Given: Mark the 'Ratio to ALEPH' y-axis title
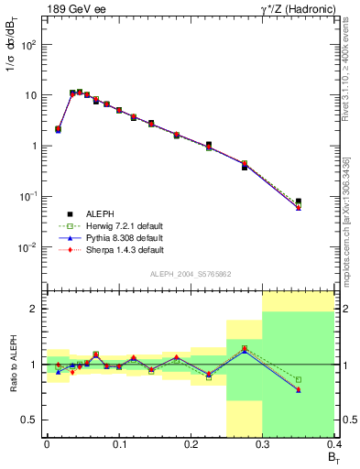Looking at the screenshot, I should coord(13,365).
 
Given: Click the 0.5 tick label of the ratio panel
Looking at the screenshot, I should coord(30,420).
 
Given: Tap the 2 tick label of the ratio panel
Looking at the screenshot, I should coord(35,309).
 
